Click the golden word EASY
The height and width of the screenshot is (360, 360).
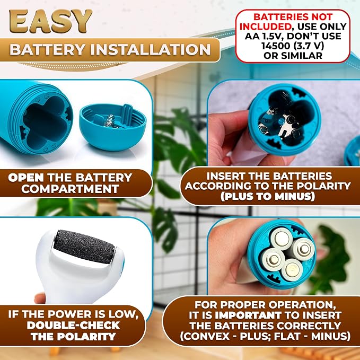50,21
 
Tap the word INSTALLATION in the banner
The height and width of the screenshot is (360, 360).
151,49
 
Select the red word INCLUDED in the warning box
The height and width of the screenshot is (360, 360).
266,27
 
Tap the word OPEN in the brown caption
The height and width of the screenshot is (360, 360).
26,178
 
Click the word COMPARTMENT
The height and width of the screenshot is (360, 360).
70,189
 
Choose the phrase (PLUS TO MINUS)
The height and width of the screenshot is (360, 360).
268,197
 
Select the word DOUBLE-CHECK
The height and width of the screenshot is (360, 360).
73,326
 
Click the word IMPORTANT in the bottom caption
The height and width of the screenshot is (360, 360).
248,315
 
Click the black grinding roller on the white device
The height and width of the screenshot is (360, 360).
84,247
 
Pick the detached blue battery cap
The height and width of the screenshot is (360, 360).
113,127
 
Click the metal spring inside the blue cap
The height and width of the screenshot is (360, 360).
109,120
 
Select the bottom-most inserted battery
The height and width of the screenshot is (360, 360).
292,269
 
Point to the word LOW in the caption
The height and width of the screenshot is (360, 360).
128,314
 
